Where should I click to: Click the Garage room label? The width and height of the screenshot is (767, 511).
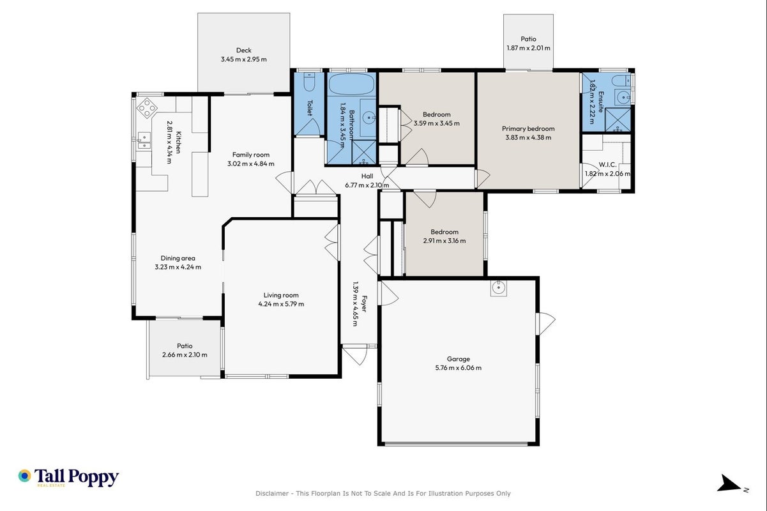click(x=458, y=359)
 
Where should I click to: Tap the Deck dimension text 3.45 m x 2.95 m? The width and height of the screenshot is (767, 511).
click(x=243, y=59)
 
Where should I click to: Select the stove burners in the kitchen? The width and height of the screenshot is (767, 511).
click(x=147, y=108)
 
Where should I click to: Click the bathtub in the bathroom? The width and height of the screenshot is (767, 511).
click(x=351, y=84)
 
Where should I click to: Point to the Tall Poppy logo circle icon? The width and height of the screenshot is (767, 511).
click(x=25, y=476)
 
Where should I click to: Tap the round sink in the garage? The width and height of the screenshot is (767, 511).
click(x=498, y=287)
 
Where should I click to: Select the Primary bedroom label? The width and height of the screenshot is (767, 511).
click(x=528, y=129)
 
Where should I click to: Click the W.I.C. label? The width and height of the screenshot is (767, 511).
click(x=607, y=165)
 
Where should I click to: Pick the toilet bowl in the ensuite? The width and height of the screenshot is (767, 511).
click(x=621, y=81)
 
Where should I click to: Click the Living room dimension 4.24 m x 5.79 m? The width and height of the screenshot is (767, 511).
click(x=281, y=304)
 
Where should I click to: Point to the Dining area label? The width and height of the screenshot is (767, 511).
click(x=178, y=258)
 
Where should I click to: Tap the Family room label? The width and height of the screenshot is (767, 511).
click(x=250, y=155)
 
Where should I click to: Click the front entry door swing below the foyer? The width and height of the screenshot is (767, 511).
click(x=354, y=355)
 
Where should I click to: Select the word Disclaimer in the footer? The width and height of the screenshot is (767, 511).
click(x=272, y=493)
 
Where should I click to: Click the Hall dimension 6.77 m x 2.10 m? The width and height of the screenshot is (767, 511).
click(x=367, y=185)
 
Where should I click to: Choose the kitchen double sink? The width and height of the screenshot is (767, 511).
click(x=144, y=141)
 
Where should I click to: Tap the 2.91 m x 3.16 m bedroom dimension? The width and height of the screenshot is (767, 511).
click(x=444, y=241)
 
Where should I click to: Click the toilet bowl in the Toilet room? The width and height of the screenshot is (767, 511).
click(x=309, y=82)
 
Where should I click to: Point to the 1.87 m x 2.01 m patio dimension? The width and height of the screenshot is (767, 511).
click(x=528, y=48)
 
